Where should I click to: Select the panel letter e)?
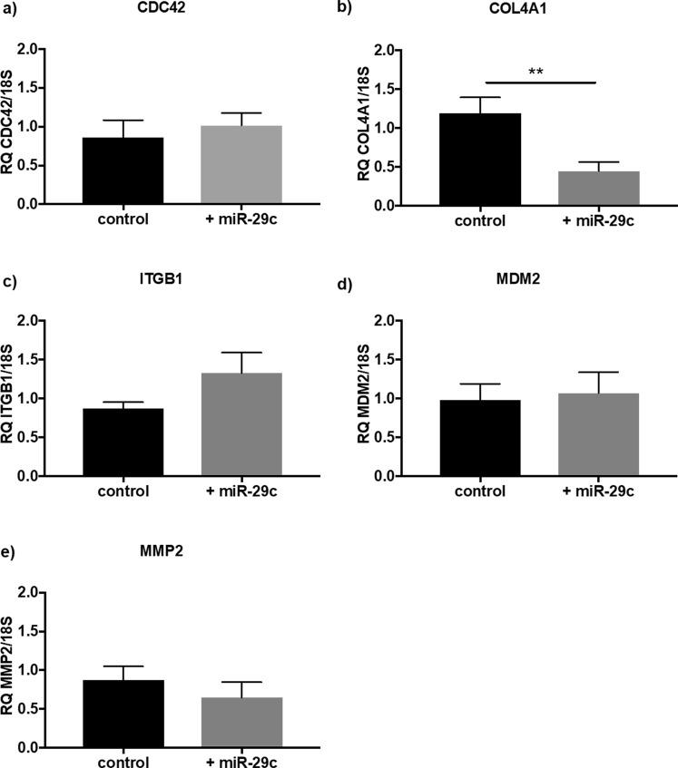point(13,552)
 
